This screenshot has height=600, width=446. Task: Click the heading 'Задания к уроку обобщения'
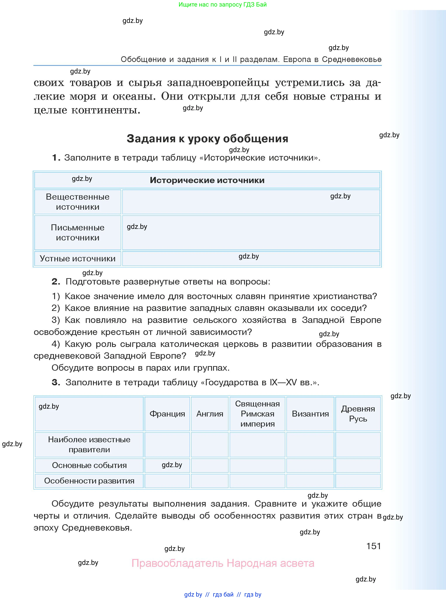pyautogui.click(x=207, y=139)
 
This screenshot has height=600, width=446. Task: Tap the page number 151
pyautogui.click(x=373, y=546)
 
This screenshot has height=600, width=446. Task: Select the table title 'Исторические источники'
pyautogui.click(x=207, y=180)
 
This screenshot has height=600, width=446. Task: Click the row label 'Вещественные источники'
pyautogui.click(x=78, y=202)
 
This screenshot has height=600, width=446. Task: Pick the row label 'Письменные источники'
pyautogui.click(x=78, y=233)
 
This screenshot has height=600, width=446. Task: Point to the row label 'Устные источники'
pyautogui.click(x=78, y=259)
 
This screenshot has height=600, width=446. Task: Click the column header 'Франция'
pyautogui.click(x=167, y=414)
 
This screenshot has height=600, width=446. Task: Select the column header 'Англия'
pyautogui.click(x=210, y=414)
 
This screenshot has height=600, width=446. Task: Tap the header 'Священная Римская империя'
pyautogui.click(x=257, y=414)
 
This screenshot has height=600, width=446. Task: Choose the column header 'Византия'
pyautogui.click(x=310, y=414)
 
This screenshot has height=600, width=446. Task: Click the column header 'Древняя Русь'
pyautogui.click(x=358, y=414)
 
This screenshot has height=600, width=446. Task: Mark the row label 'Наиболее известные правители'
pyautogui.click(x=89, y=444)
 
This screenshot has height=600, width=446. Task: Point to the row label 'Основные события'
pyautogui.click(x=89, y=465)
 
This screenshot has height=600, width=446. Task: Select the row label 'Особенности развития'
pyautogui.click(x=89, y=481)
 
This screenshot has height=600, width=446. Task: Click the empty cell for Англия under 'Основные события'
pyautogui.click(x=210, y=465)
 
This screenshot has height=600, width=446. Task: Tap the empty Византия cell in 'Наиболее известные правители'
pyautogui.click(x=310, y=445)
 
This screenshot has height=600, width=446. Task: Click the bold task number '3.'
pyautogui.click(x=56, y=382)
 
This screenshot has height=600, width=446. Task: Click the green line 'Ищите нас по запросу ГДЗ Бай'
pyautogui.click(x=222, y=5)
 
